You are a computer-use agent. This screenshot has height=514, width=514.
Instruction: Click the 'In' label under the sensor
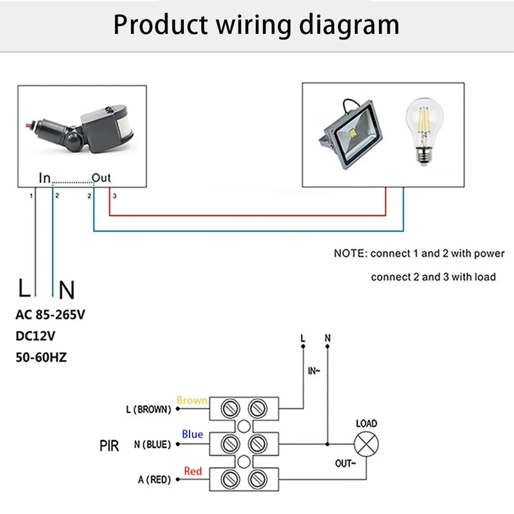pos(44,177)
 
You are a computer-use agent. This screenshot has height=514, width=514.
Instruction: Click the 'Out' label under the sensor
pos(102,177)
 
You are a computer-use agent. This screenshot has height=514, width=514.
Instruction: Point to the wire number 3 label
pos(114,195)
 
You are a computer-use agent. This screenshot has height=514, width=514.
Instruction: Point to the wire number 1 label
pos(31,195)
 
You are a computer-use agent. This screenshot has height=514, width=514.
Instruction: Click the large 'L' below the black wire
pos(24,289)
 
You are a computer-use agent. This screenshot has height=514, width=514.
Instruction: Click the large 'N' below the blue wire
pos(66,290)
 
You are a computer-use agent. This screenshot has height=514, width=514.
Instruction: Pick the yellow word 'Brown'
pos(191,400)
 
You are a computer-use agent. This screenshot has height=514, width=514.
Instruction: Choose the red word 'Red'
pos(193,471)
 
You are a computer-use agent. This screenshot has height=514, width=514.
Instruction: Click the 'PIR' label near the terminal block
pos(110,445)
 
